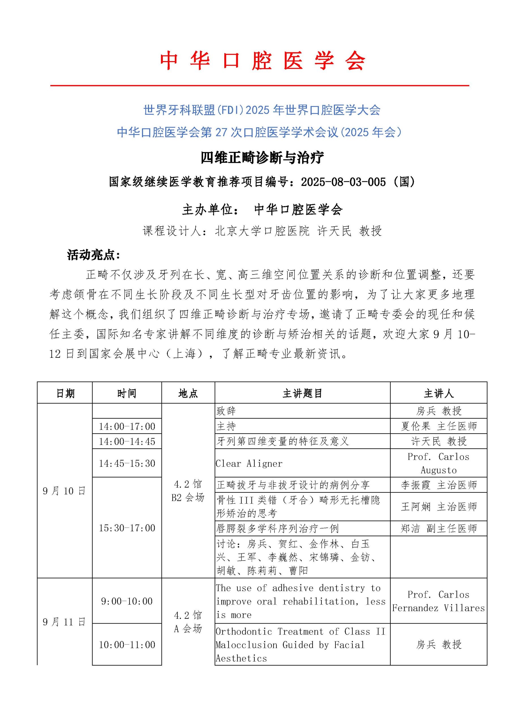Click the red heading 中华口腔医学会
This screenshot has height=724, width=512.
pyautogui.click(x=262, y=61)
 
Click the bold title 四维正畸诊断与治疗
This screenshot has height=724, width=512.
pyautogui.click(x=262, y=158)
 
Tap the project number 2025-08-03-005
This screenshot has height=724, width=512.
pyautogui.click(x=343, y=182)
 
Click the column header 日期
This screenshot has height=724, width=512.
pyautogui.click(x=65, y=393)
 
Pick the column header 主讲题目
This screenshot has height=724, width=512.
pyautogui.click(x=302, y=393)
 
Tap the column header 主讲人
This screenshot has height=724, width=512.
pyautogui.click(x=438, y=393)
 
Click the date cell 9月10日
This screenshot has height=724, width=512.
pyautogui.click(x=64, y=491)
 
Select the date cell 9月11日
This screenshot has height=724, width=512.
pyautogui.click(x=64, y=622)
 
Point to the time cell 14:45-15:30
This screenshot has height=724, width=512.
pyautogui.click(x=127, y=463)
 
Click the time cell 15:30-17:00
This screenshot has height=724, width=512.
pyautogui.click(x=127, y=528)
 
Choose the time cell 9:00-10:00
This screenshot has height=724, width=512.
pyautogui.click(x=127, y=601)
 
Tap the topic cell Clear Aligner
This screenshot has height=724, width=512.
pyautogui.click(x=249, y=463)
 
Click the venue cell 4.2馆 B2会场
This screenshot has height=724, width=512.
pyautogui.click(x=188, y=491)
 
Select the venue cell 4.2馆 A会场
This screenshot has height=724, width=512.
pyautogui.click(x=188, y=622)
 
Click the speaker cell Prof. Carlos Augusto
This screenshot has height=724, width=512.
pyautogui.click(x=438, y=463)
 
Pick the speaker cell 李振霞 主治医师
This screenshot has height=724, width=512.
pyautogui.click(x=438, y=485)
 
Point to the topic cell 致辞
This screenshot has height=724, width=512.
pyautogui.click(x=226, y=411)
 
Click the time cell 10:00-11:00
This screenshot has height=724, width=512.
pyautogui.click(x=127, y=645)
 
